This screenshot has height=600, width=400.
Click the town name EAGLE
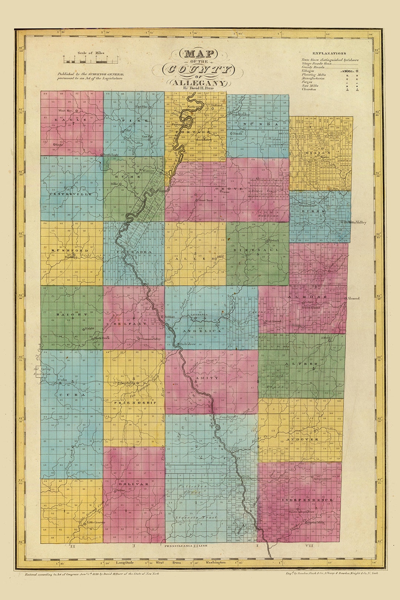70,120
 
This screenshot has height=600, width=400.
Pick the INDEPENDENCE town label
307,500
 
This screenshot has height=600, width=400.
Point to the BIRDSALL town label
256,250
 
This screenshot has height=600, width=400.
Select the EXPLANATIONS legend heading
329,53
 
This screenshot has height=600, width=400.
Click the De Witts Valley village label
355,222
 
